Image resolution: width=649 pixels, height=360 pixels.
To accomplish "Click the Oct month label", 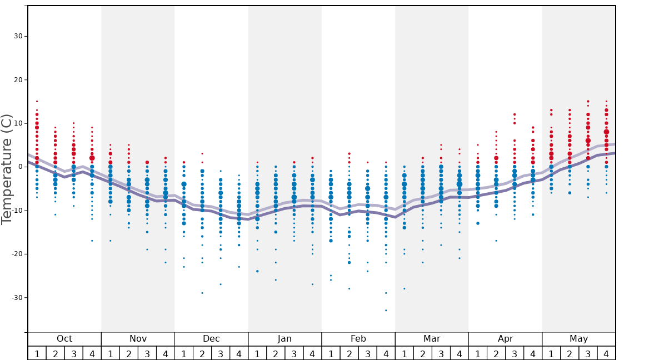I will tap(64, 339).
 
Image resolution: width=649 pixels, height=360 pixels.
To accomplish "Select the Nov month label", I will tap(138, 339).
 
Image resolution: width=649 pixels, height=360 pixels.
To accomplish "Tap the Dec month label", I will tap(211, 339).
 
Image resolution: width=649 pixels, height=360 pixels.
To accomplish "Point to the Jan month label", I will tap(284, 339).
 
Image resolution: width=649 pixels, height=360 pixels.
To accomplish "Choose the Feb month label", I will tap(358, 339).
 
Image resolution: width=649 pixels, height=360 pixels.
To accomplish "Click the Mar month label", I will tap(432, 339).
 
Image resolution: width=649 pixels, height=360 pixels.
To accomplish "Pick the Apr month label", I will tap(505, 339).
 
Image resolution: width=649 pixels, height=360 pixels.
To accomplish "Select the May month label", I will tap(578, 339).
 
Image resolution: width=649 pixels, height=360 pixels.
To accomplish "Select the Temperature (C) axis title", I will tap(7, 169).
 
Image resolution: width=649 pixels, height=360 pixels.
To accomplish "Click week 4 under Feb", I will tap(386, 353).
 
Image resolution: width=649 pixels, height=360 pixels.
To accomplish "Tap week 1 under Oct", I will tap(37, 353).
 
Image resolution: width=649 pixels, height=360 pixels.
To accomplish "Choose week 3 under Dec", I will tap(221, 353).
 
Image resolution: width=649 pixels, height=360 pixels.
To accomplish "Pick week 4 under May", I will tap(606, 353).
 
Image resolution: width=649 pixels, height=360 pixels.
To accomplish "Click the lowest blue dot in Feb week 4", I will tap(386, 310).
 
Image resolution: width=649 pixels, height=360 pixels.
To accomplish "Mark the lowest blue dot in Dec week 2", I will tap(202, 293).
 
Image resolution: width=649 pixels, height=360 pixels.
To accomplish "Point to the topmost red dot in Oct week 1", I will tap(37, 101).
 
